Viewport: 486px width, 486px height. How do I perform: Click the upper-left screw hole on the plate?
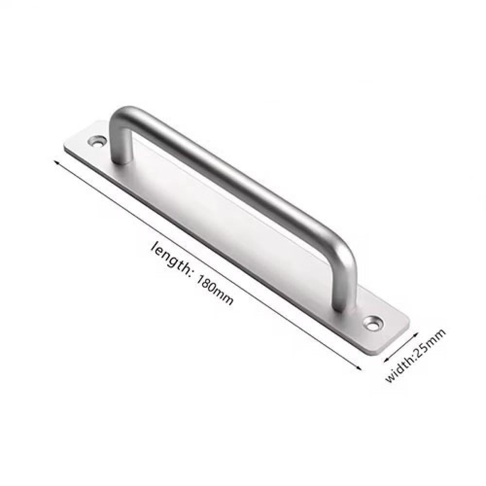(x=96, y=141)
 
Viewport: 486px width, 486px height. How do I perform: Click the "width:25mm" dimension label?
(x=416, y=355)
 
